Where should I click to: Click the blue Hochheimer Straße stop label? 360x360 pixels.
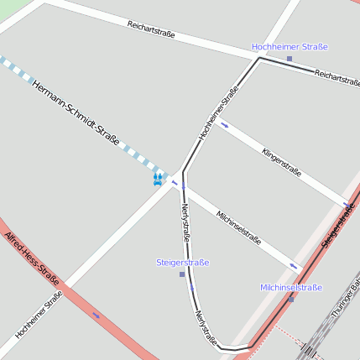pos(290,47)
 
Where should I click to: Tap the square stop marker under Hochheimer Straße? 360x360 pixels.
pos(290,59)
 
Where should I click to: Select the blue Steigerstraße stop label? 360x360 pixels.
pos(183,263)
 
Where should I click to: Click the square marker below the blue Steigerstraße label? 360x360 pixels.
pos(182,274)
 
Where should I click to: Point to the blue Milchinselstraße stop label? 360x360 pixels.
pos(291,287)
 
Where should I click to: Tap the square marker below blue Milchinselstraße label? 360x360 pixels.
pos(291,298)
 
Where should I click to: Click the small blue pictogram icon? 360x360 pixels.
pos(158,179)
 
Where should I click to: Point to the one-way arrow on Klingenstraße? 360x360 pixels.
pos(224,126)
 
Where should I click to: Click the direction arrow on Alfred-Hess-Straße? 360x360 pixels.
pos(97,316)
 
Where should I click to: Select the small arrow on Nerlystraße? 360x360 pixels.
pos(192,288)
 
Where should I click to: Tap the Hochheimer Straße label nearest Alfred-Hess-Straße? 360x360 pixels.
pos(39,315)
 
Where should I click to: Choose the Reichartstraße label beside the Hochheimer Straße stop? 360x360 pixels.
pos(337,78)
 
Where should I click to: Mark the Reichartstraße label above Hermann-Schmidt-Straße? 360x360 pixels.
pos(151,29)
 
